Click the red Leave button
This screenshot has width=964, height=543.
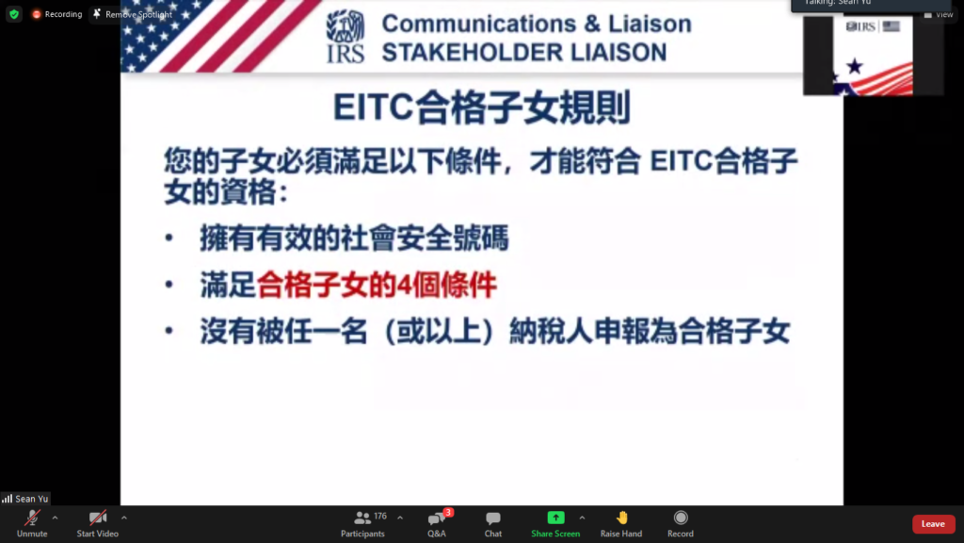pyautogui.click(x=933, y=524)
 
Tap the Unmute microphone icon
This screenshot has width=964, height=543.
pyautogui.click(x=32, y=518)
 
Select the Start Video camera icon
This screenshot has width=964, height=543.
pyautogui.click(x=98, y=518)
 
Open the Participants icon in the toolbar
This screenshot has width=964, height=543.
pyautogui.click(x=362, y=518)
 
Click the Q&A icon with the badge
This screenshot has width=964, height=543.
pyautogui.click(x=438, y=518)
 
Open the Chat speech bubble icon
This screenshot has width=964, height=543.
pyautogui.click(x=493, y=518)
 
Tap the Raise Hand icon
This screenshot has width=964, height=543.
pyautogui.click(x=622, y=518)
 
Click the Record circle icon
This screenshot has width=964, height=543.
pyautogui.click(x=681, y=518)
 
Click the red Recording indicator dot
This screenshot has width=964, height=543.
pyautogui.click(x=37, y=14)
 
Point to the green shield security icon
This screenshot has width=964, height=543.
pyautogui.click(x=14, y=14)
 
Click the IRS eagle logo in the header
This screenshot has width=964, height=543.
pyautogui.click(x=345, y=36)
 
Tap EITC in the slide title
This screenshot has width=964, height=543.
pyautogui.click(x=373, y=107)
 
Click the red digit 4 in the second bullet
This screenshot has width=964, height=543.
pyautogui.click(x=404, y=285)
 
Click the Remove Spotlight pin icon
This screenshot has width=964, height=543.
pyautogui.click(x=97, y=13)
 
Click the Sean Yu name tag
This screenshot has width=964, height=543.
pyautogui.click(x=25, y=499)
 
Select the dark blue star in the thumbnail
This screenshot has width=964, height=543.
pyautogui.click(x=855, y=65)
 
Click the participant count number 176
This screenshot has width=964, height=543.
pyautogui.click(x=380, y=516)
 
